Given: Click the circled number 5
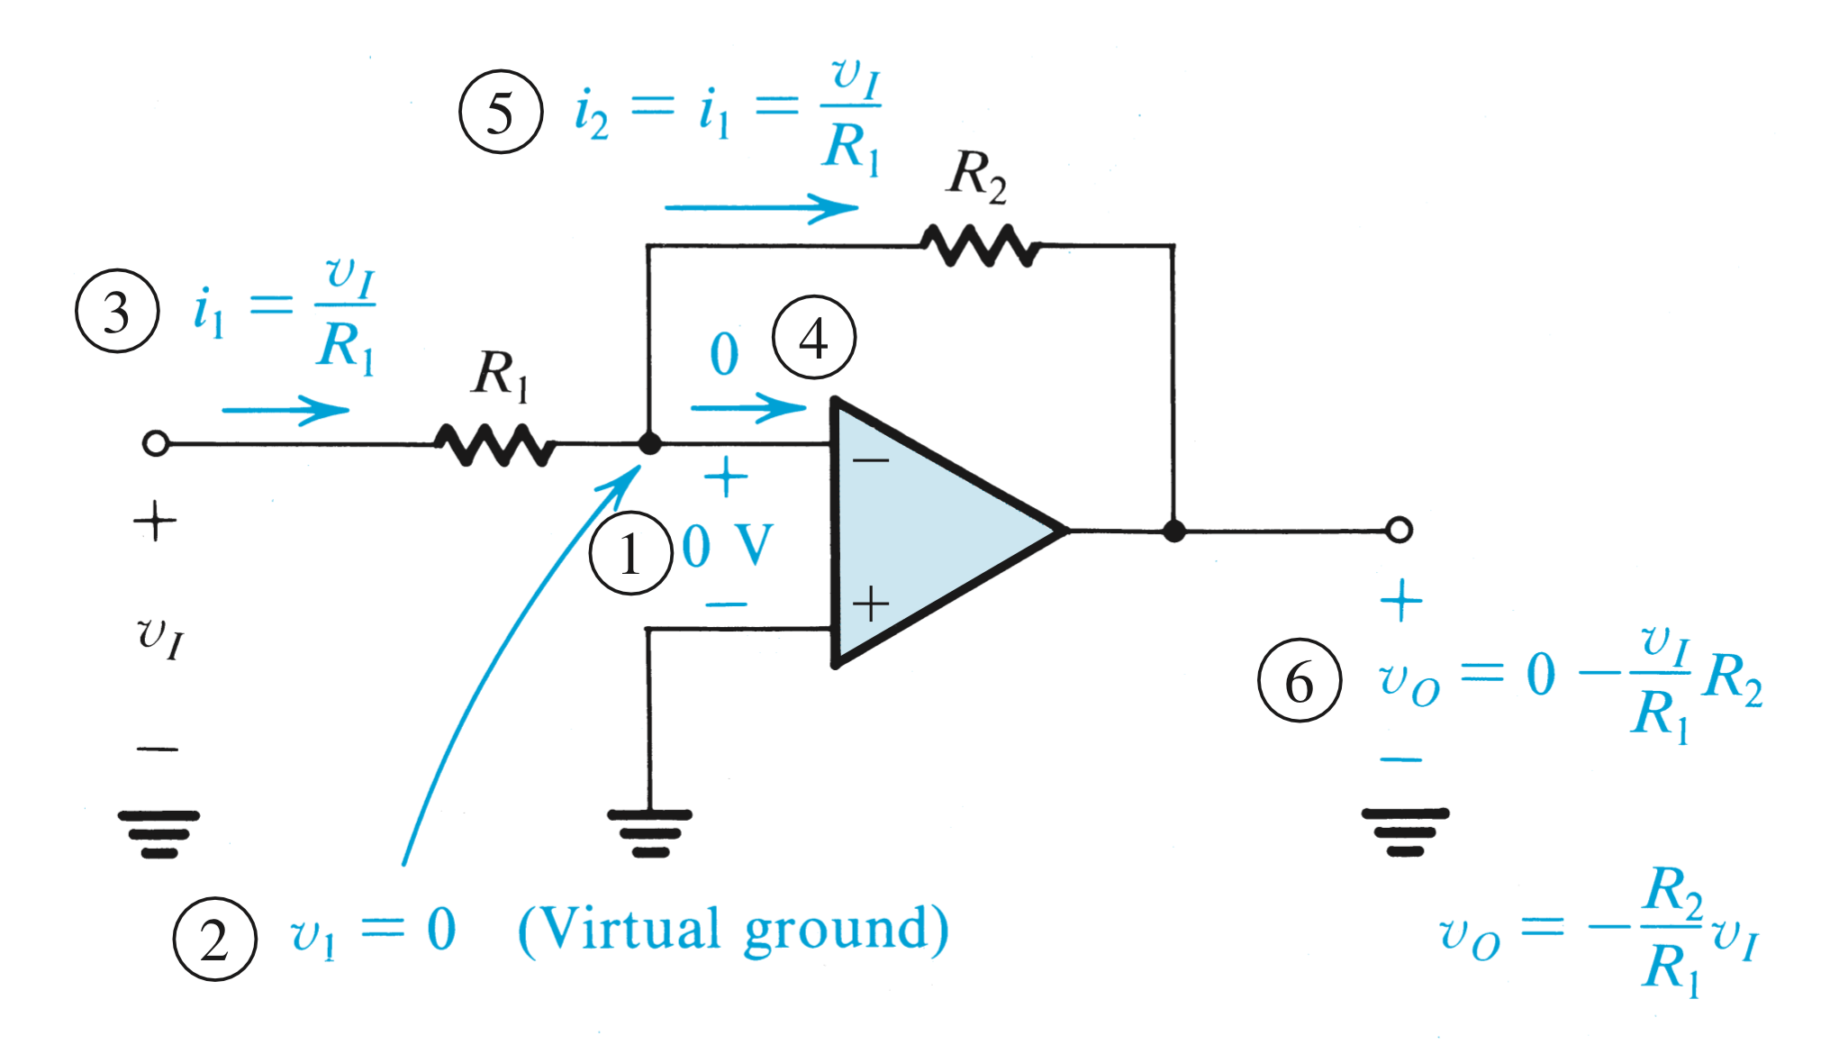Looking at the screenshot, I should click(501, 113).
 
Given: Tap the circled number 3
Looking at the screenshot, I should click(117, 311).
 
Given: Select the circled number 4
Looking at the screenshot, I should click(814, 338).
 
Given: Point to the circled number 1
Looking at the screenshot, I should click(630, 552).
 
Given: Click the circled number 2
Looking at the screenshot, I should click(214, 939).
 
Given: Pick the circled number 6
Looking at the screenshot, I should click(1299, 680).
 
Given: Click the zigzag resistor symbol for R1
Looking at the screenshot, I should click(494, 444).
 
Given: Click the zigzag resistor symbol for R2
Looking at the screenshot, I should click(980, 245).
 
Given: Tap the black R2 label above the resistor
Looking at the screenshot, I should click(976, 176).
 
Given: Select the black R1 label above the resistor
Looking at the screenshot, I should click(500, 374).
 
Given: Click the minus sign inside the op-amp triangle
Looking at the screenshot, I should click(871, 461).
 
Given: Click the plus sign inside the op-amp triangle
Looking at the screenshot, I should click(871, 604).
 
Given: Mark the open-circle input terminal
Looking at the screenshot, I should click(156, 443).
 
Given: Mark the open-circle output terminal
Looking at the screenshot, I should click(1399, 530).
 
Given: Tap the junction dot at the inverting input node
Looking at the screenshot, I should click(648, 444).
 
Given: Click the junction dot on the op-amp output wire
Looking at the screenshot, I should click(1173, 531).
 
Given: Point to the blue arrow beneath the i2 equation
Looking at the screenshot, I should click(761, 208).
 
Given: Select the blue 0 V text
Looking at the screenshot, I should click(728, 546).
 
